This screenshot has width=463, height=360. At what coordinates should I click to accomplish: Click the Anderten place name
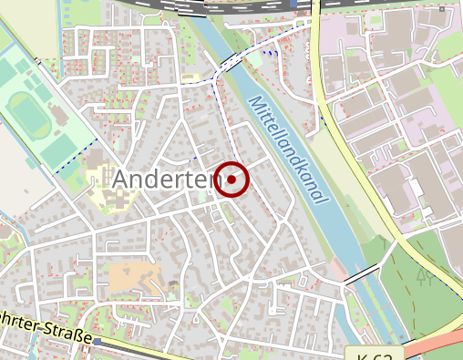[x=167, y=181]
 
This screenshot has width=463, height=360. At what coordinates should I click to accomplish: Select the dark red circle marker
[x=233, y=180]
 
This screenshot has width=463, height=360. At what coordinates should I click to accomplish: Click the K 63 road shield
[x=375, y=354]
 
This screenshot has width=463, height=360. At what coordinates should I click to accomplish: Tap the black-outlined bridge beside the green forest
[x=362, y=273]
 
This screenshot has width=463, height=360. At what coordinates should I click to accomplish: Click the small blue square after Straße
[x=98, y=341]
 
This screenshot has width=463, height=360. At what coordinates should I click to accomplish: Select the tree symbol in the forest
[x=424, y=275]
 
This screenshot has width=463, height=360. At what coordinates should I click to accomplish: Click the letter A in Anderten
[x=121, y=181]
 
